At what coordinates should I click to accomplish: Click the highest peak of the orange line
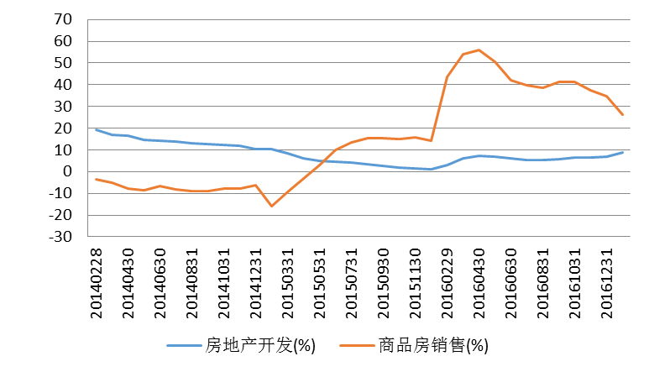click(479, 50)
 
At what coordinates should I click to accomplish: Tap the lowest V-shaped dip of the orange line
click(271, 206)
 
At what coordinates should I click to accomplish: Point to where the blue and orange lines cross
click(325, 160)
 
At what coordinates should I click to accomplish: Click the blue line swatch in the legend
click(184, 345)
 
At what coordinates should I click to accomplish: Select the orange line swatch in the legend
click(357, 345)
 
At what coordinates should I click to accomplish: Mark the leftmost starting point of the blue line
click(96, 129)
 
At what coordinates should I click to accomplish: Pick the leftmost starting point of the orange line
click(96, 179)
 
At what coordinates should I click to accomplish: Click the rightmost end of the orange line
click(622, 114)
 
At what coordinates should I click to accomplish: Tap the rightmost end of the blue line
click(622, 152)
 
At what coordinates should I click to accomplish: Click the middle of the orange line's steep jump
click(439, 109)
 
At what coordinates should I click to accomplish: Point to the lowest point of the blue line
click(429, 169)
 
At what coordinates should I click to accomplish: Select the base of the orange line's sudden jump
click(431, 140)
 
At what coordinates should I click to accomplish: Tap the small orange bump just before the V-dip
click(255, 185)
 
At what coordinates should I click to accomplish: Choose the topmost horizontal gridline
click(359, 19)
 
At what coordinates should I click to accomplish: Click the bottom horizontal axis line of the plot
click(359, 236)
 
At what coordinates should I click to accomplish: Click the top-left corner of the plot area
click(87, 19)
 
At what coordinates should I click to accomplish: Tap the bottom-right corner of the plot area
click(630, 236)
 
